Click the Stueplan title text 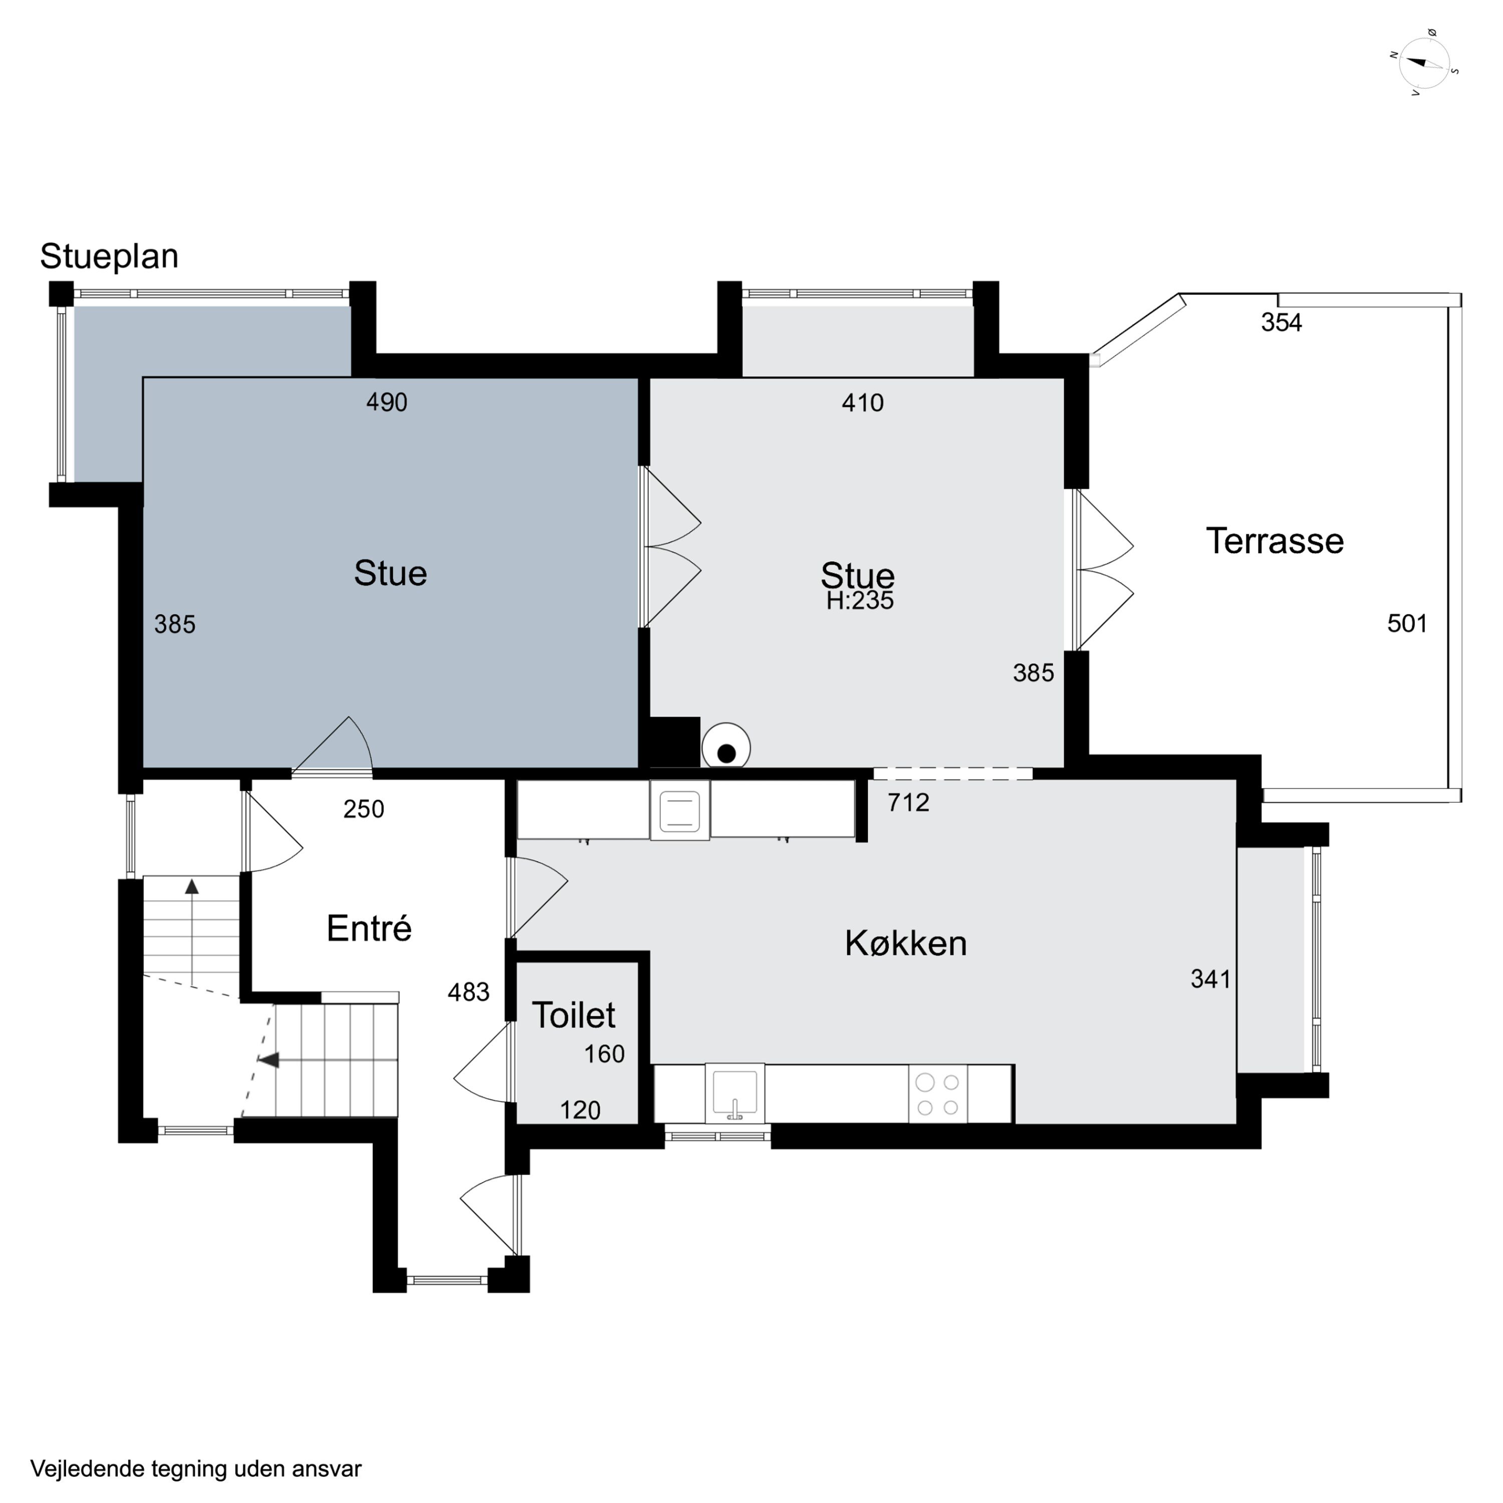(x=110, y=257)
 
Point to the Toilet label (x=573, y=1015)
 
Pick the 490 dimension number (x=387, y=402)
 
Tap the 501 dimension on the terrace (x=1407, y=623)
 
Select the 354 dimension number (x=1281, y=322)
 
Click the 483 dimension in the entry (x=468, y=992)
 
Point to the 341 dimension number (x=1210, y=978)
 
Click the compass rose (x=1424, y=64)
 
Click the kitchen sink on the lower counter (x=735, y=1094)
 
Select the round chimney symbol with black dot (x=726, y=747)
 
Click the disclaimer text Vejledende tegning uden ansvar (x=196, y=1469)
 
